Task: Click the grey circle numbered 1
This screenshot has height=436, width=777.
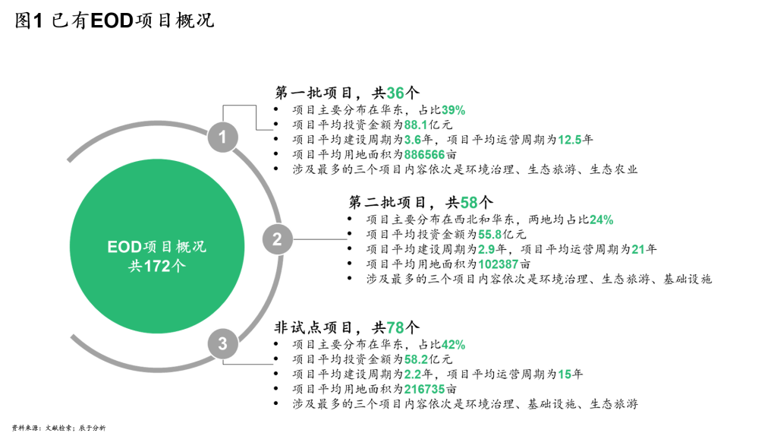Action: pyautogui.click(x=222, y=137)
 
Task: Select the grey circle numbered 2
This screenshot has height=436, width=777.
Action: pyautogui.click(x=277, y=239)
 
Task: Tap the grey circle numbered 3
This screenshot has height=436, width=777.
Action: pyautogui.click(x=222, y=343)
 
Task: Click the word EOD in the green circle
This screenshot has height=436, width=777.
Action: pyautogui.click(x=124, y=248)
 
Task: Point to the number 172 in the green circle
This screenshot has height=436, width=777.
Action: pyautogui.click(x=156, y=267)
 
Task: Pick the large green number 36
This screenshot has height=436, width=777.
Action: pyautogui.click(x=395, y=93)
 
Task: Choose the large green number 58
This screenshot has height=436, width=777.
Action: pyautogui.click(x=469, y=203)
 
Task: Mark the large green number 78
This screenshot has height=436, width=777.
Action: pyautogui.click(x=395, y=328)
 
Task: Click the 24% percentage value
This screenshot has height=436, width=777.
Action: pyautogui.click(x=601, y=220)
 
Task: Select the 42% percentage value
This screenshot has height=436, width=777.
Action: pyautogui.click(x=453, y=345)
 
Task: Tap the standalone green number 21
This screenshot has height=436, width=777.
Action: pyautogui.click(x=637, y=249)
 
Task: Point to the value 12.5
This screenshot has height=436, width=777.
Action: pyautogui.click(x=569, y=140)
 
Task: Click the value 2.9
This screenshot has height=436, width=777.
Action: pyautogui.click(x=486, y=249)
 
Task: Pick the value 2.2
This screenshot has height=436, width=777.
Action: pyautogui.click(x=412, y=374)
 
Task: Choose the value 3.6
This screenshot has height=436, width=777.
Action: pyautogui.click(x=412, y=140)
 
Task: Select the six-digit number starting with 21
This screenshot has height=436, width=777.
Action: pyautogui.click(x=424, y=389)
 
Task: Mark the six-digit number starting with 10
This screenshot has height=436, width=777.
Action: pyautogui.click(x=498, y=264)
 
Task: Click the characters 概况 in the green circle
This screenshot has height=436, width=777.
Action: pyautogui.click(x=190, y=248)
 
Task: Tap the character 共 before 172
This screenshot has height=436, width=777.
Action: pyautogui.click(x=135, y=267)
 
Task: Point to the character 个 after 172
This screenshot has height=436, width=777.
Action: pyautogui.click(x=178, y=267)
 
